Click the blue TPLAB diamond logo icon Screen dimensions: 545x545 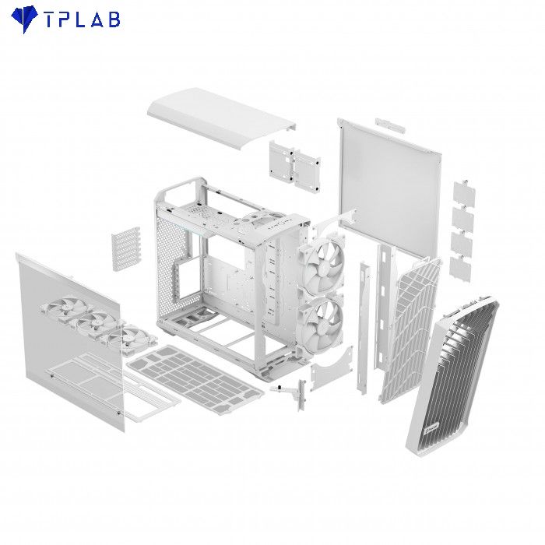pos(24,19)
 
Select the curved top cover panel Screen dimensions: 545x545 pos(222,118)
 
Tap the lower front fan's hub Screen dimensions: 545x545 pos(322,322)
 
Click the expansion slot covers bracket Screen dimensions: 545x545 pos(126,248)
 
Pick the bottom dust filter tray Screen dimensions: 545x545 pos(195,379)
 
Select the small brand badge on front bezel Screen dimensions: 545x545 pos(431,428)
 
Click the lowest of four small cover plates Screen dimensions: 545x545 pos(460,269)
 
